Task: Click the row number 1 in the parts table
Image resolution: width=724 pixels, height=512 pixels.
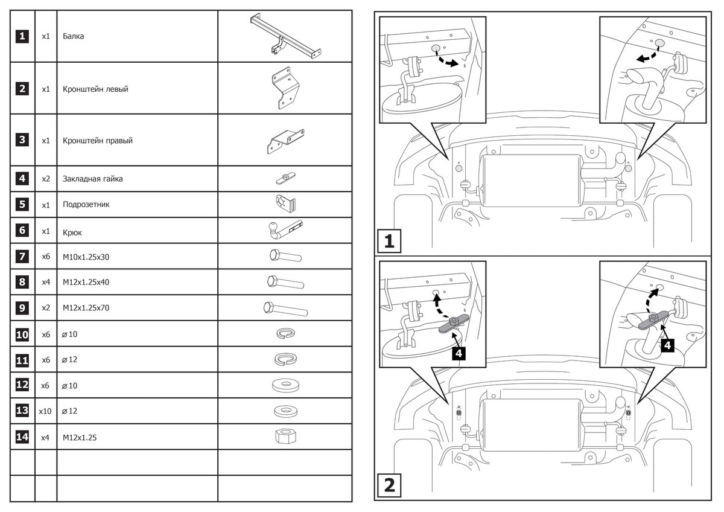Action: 22,36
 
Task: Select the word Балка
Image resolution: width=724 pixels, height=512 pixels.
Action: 73,36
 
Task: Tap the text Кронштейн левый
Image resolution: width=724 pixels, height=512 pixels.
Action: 95,89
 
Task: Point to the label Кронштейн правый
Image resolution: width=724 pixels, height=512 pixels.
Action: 97,141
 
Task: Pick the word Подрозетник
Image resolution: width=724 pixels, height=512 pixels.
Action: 86,205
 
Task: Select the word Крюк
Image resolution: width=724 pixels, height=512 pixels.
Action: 72,231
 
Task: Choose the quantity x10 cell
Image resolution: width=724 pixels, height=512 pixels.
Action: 45,411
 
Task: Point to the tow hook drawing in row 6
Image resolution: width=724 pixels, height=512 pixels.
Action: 284,229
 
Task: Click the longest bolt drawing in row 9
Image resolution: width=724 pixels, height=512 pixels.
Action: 285,309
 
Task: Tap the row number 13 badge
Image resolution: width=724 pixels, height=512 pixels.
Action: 22,411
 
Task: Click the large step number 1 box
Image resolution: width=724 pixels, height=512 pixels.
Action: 389,242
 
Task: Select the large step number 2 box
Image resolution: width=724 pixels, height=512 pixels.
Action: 389,485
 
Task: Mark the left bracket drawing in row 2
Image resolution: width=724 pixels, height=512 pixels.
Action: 284,89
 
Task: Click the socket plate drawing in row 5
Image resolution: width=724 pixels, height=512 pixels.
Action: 284,203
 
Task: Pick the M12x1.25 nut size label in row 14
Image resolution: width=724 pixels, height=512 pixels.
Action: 80,437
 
